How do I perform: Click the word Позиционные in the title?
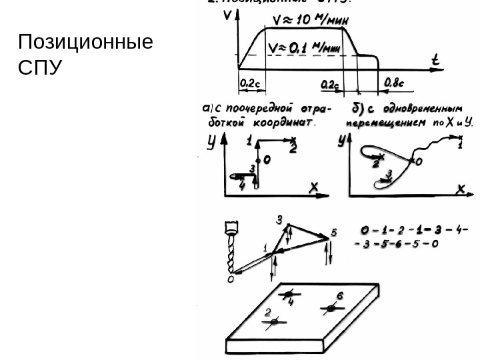coord(86,45)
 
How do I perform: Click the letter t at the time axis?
coord(435,60)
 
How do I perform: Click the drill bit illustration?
coord(232,249)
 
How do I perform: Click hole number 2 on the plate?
coord(273,322)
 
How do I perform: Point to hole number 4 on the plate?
coord(288,294)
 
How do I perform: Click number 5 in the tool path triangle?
coord(334,232)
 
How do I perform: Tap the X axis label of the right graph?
coord(459,189)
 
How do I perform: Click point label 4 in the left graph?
coord(242,187)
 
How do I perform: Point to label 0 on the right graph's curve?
coord(419,161)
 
